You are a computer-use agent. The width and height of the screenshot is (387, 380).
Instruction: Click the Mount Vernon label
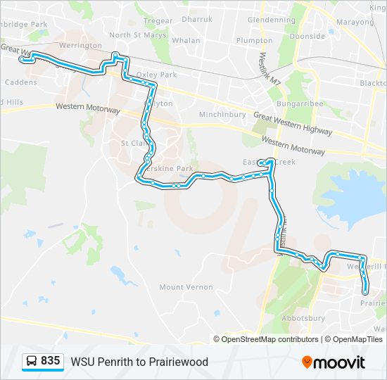(x=181, y=287)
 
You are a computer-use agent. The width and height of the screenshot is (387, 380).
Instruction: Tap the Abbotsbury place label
(x=302, y=318)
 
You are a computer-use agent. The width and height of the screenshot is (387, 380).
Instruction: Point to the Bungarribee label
(x=300, y=103)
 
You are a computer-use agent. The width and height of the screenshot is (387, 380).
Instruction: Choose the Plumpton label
(x=254, y=41)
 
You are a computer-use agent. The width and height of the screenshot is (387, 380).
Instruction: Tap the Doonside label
(x=307, y=35)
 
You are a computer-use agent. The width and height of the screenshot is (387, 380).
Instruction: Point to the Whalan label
(x=186, y=41)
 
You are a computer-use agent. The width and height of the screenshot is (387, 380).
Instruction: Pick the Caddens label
(x=20, y=82)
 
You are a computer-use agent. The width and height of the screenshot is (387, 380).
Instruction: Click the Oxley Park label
(x=157, y=75)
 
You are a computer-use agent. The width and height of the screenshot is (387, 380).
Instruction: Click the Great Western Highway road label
(x=293, y=124)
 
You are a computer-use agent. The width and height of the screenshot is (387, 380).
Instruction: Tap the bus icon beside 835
(x=32, y=361)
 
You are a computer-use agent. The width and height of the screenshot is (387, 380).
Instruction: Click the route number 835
(x=51, y=361)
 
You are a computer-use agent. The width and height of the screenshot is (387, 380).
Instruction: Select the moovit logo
(x=334, y=362)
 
